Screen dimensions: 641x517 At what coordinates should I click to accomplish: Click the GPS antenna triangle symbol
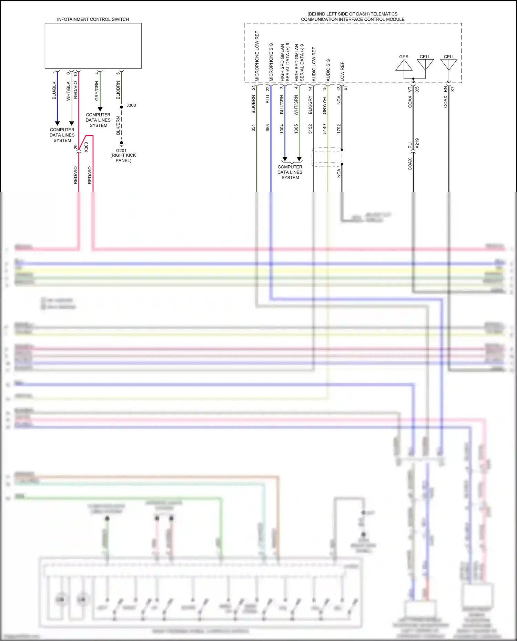coord(404,65)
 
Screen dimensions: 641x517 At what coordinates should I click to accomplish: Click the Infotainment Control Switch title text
coord(93,19)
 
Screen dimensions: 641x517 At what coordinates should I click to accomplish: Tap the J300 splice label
coord(131,105)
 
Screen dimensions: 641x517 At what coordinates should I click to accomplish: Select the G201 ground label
coord(121,151)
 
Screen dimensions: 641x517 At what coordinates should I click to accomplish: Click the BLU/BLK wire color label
coord(54,91)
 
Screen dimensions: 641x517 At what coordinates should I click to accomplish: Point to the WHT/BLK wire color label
coord(68,91)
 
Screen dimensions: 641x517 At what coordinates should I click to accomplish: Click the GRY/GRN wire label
coord(97,91)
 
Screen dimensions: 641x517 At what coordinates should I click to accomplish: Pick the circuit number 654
coord(253,128)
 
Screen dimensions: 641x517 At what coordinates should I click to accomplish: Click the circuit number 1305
coord(296,129)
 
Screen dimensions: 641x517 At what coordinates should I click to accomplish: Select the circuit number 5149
coord(324,129)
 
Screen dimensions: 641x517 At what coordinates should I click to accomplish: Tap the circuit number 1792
coord(339,129)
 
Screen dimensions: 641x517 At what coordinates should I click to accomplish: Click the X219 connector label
coord(417,143)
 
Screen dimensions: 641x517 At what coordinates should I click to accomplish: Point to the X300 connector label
coord(86,147)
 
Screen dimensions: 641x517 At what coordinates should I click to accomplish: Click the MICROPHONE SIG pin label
coord(271,62)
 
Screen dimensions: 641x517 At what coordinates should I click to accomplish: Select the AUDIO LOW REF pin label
coord(314,64)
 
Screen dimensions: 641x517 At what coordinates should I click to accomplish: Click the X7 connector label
coord(453,89)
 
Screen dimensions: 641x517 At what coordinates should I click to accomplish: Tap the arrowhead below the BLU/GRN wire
coord(285,159)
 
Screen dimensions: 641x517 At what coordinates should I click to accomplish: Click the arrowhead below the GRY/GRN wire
coord(100,109)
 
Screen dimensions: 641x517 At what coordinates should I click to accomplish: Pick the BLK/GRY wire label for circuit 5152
coord(310,105)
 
